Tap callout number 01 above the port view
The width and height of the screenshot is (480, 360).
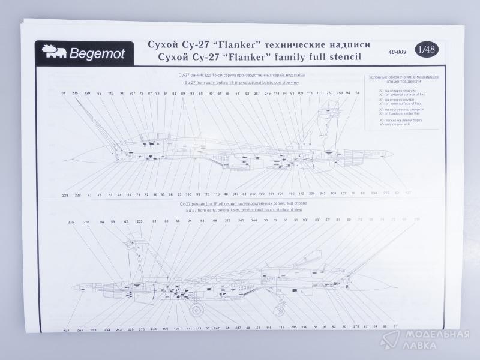[x=63, y=94]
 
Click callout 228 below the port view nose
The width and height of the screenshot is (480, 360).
[x=65, y=195]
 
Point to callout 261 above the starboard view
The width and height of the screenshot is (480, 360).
[x=87, y=222]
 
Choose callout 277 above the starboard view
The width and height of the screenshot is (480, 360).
[x=227, y=221]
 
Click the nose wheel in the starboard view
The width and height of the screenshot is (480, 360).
[x=196, y=311]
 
